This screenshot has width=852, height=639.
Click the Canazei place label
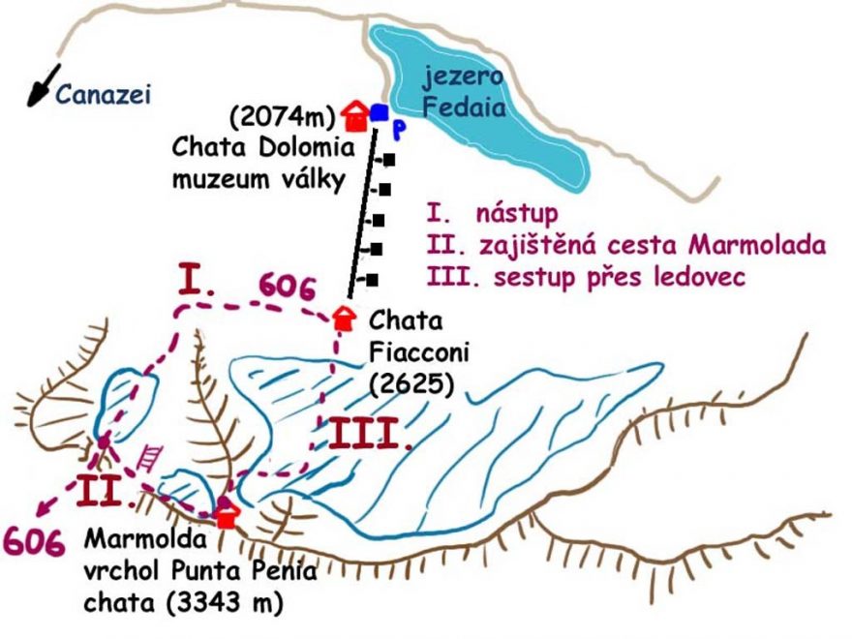tap(104, 94)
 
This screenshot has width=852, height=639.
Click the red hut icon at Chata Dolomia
tap(355, 115)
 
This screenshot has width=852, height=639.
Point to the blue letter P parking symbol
tap(397, 128)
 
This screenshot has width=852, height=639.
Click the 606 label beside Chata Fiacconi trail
tap(287, 288)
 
